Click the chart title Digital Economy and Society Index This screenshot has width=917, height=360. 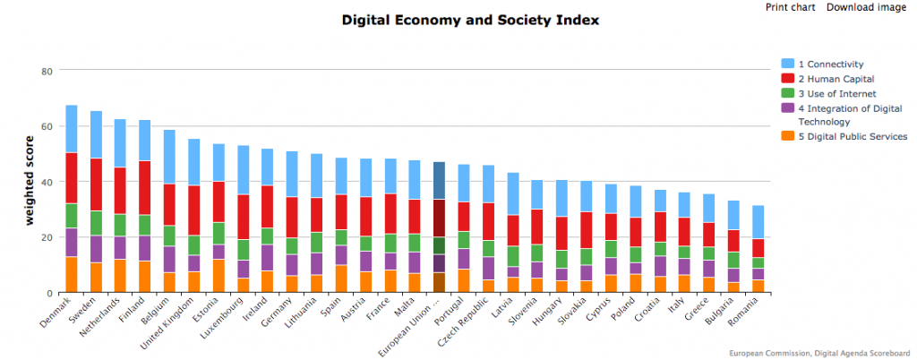(470, 20)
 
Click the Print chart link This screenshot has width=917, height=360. (790, 8)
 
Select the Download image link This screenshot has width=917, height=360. (866, 8)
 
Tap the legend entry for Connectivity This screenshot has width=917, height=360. (829, 64)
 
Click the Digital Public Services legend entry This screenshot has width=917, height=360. (852, 136)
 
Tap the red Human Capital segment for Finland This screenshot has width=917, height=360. (144, 187)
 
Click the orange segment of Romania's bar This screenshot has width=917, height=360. (758, 286)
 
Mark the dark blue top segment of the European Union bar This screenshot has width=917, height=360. (439, 180)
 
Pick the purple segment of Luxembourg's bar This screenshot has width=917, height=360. (243, 269)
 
